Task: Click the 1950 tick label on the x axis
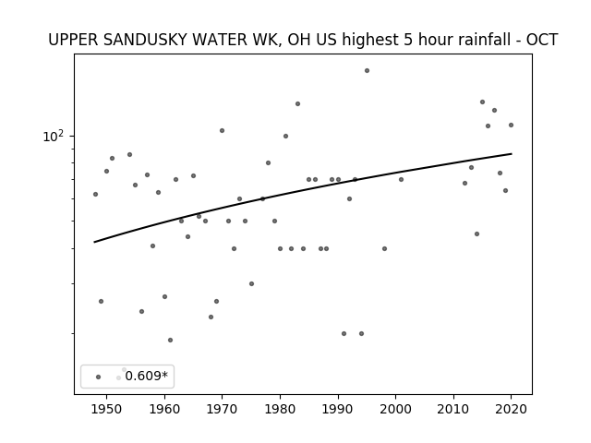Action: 107,409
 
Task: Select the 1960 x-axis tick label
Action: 164,409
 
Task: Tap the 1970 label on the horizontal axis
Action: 223,409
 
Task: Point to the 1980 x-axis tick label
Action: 280,409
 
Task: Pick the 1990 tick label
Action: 338,409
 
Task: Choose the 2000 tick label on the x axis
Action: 396,409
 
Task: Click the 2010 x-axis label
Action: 453,409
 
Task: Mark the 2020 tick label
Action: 511,409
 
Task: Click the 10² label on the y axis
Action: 54,137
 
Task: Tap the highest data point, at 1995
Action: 367,71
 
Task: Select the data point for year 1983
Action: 297,104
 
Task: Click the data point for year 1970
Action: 222,131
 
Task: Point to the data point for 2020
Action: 511,126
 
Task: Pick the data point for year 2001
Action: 401,180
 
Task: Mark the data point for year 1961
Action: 170,341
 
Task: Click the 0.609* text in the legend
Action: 146,376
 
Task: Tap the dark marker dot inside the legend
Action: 99,377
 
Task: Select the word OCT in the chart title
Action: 542,40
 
